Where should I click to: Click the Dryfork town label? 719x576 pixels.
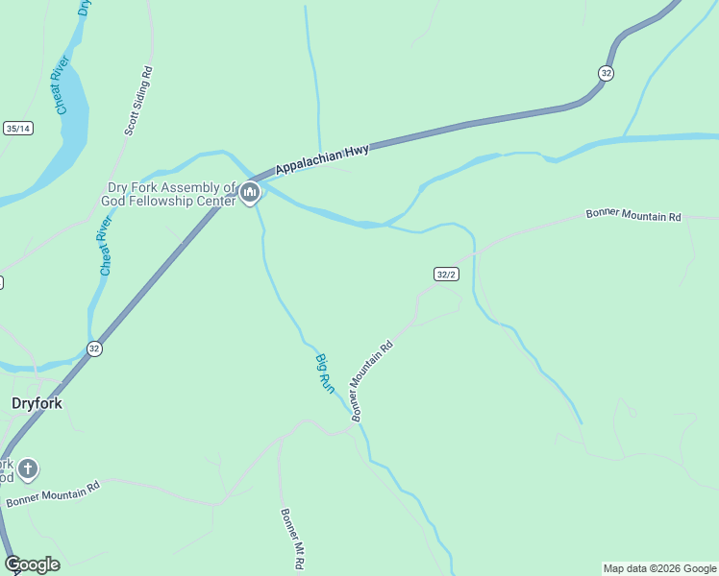(37, 403)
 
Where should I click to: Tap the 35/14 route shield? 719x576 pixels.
(18, 128)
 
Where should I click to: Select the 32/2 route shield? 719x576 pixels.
(445, 275)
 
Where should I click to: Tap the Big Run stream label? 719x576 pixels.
(325, 373)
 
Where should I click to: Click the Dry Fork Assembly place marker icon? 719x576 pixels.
(250, 193)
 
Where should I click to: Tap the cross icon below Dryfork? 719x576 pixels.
(29, 469)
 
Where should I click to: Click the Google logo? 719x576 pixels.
(32, 564)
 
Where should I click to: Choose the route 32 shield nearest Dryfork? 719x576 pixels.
(93, 348)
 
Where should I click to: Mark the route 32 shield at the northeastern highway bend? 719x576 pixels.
(606, 73)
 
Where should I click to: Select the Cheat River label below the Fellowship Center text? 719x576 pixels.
(105, 246)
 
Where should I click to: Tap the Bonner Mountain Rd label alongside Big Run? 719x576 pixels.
(372, 381)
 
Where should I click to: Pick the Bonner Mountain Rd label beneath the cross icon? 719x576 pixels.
(53, 494)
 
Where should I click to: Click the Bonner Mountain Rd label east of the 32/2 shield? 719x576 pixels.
(633, 215)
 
